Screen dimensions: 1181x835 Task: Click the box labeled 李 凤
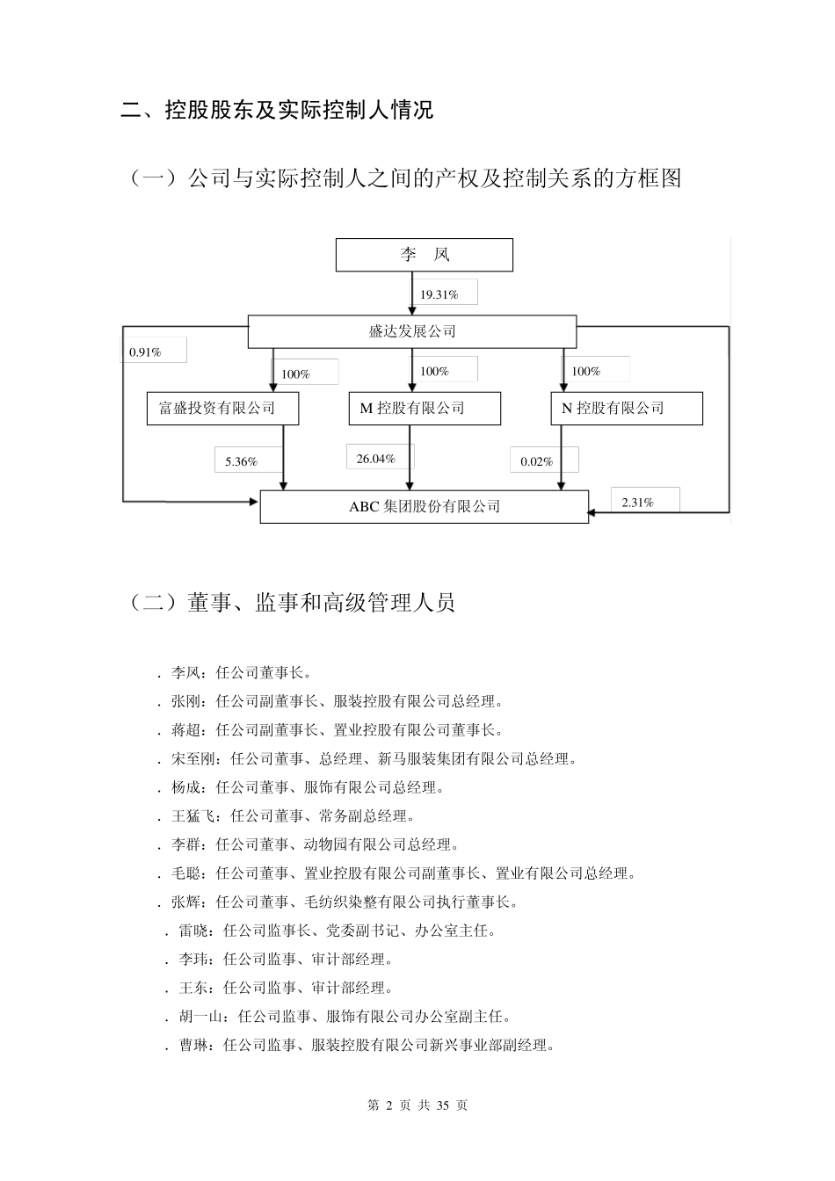425,255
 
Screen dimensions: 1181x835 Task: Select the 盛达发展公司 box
412,331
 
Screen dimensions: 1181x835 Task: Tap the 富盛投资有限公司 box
222,408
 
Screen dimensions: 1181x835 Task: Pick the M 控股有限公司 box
425,408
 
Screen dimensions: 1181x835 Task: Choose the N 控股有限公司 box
627,408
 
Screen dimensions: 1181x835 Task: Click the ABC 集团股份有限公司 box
425,507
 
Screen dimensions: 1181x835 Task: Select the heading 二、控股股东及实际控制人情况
277,111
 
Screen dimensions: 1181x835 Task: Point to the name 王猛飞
192,816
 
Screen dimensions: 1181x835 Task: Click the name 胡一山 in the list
200,1017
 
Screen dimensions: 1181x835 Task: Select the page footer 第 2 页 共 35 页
417,1105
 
